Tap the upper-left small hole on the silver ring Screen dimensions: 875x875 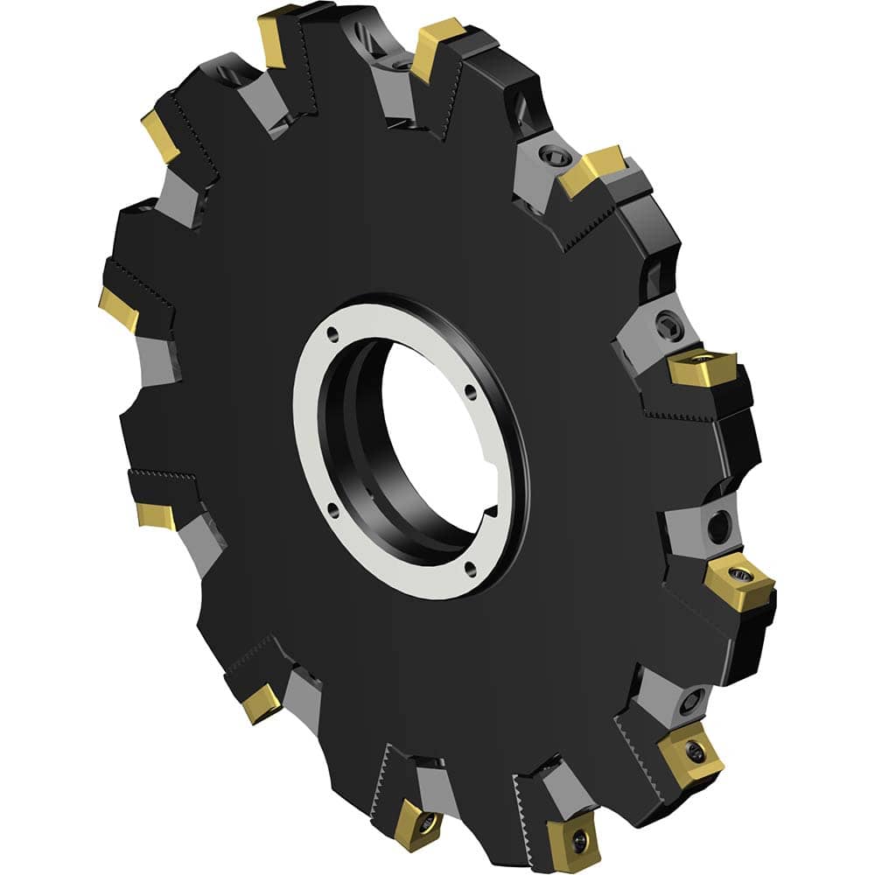coord(333,333)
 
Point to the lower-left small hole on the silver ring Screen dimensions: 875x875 coord(333,507)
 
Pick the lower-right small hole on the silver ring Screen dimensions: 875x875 coord(471,569)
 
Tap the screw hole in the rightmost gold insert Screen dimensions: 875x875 coord(741,574)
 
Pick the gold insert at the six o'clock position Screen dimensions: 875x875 coord(411,823)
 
